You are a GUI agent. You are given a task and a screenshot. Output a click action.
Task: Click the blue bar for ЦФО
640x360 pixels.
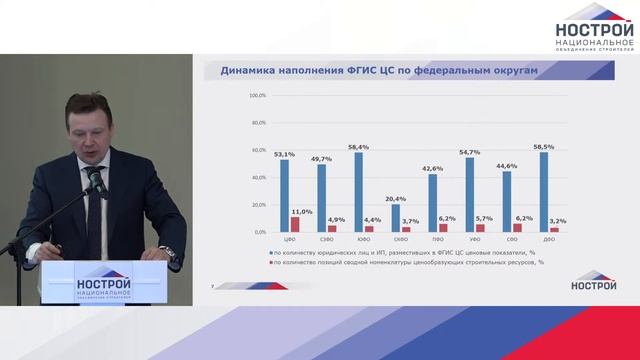(x=285, y=195)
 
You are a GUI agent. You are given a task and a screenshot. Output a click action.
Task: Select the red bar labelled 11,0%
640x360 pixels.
(x=295, y=225)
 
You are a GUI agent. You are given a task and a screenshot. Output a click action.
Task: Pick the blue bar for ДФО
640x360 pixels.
(x=544, y=192)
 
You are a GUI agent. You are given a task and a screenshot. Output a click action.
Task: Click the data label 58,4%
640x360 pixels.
(x=357, y=147)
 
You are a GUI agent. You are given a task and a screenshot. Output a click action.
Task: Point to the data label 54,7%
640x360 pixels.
(x=469, y=152)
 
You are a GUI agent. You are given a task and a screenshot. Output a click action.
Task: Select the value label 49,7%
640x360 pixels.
(x=321, y=158)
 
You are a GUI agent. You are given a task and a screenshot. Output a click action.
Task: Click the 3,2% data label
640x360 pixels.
(x=557, y=221)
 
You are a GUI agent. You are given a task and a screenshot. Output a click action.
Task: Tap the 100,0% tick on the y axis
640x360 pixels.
(x=257, y=95)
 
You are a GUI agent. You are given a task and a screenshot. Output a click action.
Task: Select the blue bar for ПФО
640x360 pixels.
(x=433, y=203)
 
